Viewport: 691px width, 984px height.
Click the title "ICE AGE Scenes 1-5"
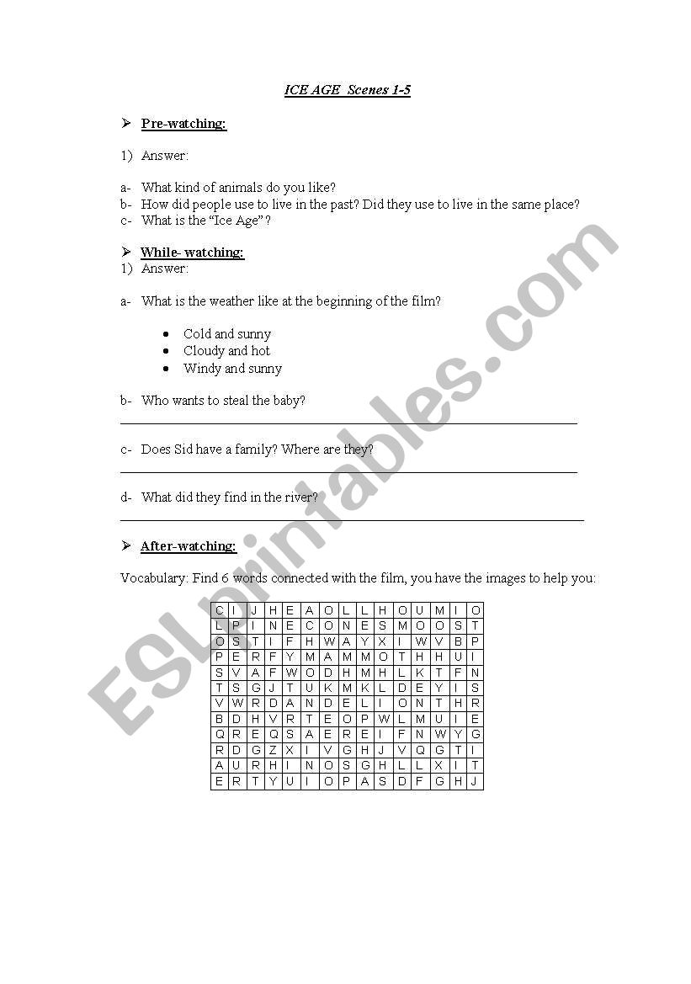point(347,90)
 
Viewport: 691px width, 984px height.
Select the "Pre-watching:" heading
point(183,124)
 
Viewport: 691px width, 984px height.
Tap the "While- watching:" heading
point(192,253)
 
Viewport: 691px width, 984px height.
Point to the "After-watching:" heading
point(189,546)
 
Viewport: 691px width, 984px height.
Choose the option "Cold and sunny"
point(226,334)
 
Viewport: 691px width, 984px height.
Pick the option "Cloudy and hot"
point(226,351)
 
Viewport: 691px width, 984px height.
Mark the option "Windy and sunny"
point(232,369)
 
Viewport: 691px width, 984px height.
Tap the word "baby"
point(289,401)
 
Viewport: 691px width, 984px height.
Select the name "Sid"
point(183,449)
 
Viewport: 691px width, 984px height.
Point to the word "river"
point(301,497)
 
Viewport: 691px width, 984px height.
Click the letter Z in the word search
point(272,750)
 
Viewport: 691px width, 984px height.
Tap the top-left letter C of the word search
point(219,610)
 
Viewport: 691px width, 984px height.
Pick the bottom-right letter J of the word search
point(475,781)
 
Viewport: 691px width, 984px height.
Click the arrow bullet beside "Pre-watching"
point(125,124)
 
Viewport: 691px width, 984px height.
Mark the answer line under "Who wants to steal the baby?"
point(348,423)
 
